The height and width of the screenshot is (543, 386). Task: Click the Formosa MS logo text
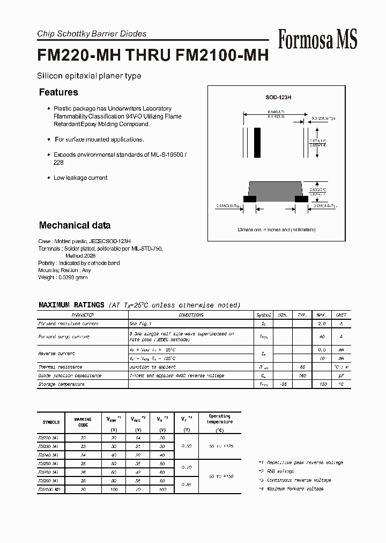click(x=317, y=39)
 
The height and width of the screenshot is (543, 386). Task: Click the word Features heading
click(x=58, y=92)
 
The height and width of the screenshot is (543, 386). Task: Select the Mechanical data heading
click(x=75, y=225)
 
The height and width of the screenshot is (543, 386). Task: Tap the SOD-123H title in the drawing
click(x=278, y=98)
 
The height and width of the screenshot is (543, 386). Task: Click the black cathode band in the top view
click(x=257, y=142)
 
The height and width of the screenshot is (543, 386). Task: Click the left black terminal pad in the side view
click(x=250, y=199)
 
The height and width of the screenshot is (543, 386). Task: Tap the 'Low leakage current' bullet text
click(x=80, y=178)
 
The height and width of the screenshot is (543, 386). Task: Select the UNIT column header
click(x=341, y=315)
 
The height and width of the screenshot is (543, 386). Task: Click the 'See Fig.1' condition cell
click(x=140, y=324)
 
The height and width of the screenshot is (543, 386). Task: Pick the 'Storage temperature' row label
click(x=61, y=385)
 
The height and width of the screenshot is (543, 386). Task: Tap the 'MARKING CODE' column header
click(x=83, y=422)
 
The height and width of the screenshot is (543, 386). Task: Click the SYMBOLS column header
click(x=51, y=422)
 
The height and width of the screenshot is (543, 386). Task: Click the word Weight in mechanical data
click(x=47, y=277)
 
